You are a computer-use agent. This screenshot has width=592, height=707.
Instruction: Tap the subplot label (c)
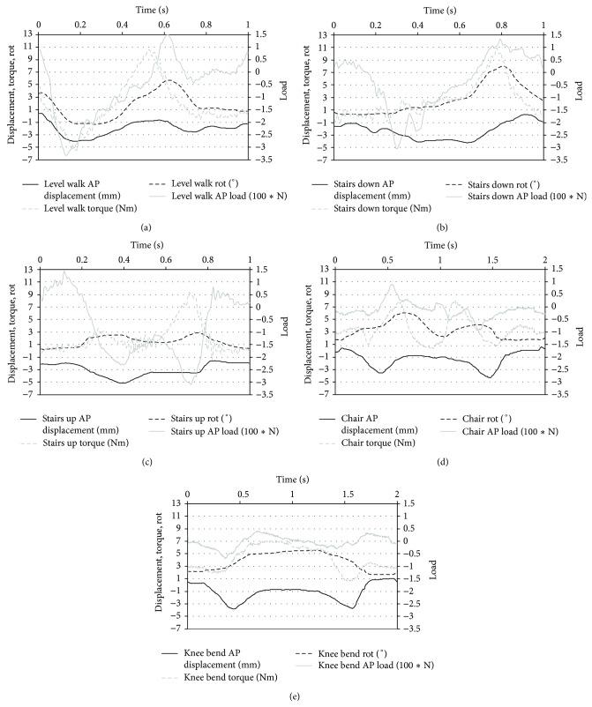point(144,461)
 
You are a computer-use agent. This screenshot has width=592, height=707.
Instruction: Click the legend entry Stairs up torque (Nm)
point(98,443)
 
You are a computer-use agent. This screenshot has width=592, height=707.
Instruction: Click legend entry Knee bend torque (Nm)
point(250,678)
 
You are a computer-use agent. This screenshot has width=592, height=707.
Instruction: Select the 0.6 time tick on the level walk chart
point(165,20)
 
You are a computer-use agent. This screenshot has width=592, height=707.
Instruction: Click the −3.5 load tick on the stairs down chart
point(561,159)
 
